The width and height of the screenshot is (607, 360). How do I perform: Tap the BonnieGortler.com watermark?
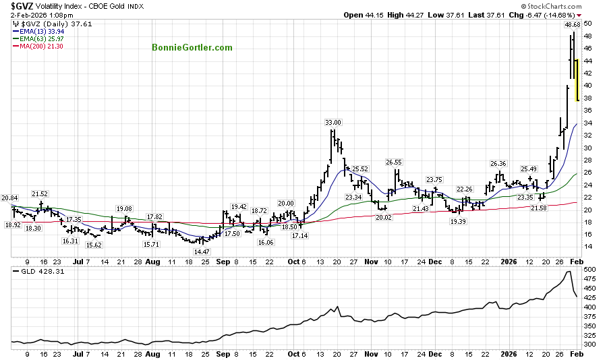point(192,47)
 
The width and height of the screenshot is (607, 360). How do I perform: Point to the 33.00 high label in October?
point(333,122)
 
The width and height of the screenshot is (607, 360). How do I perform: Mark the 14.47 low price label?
point(202,251)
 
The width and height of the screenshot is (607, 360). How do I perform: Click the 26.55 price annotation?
point(394,162)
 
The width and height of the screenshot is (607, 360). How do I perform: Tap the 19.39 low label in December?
point(458,221)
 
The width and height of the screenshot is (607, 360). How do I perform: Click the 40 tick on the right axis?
point(588,86)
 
